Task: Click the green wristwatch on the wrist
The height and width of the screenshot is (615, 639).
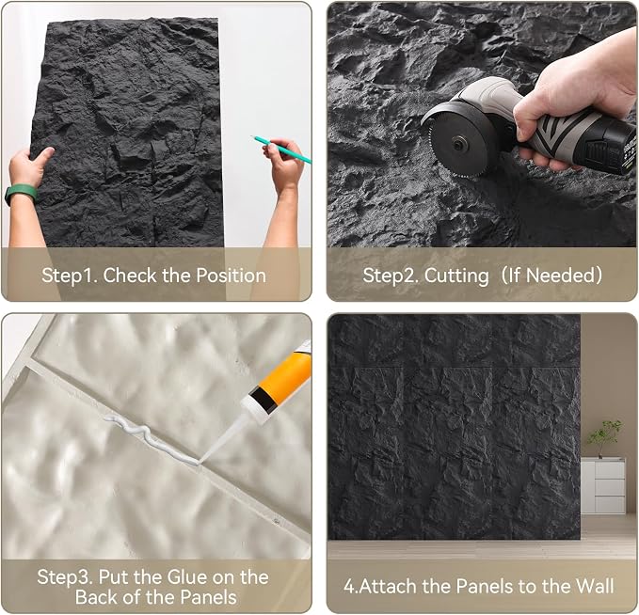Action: (x=21, y=195)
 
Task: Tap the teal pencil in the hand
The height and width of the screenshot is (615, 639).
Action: (x=281, y=150)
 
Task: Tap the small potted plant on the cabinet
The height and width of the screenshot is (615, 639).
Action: (x=604, y=438)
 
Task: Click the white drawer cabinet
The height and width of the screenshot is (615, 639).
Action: (x=603, y=485)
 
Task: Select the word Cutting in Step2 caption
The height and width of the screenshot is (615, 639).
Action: (x=456, y=276)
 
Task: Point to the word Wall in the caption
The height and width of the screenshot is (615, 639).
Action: (x=595, y=587)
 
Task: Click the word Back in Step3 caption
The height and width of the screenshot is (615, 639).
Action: (x=97, y=597)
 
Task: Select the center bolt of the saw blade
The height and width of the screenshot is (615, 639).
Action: (x=460, y=143)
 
